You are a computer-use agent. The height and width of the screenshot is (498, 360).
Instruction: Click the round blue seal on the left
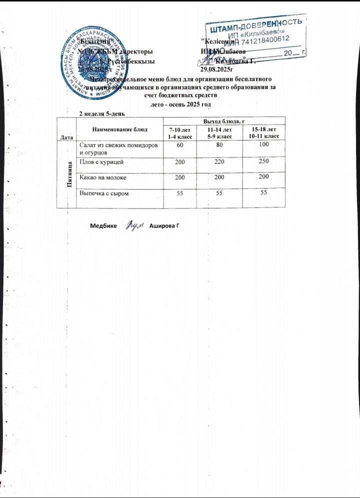pos(92,62)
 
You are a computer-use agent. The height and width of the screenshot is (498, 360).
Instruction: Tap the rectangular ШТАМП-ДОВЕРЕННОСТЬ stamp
pos(255,37)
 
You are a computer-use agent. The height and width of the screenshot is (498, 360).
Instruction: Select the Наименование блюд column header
pos(120,129)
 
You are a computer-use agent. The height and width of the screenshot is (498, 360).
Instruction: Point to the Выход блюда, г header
pos(224,120)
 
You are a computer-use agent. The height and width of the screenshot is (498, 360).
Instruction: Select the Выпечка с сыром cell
pos(102,193)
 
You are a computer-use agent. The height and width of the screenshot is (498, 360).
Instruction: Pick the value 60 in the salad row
pos(180,144)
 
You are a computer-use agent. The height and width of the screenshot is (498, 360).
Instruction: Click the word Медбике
pos(104,226)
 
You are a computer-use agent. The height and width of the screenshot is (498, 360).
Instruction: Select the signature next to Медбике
pos(134,226)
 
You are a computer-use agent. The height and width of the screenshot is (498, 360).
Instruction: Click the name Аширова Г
pos(164,226)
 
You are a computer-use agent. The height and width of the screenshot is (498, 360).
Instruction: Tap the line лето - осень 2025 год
pos(180,104)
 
